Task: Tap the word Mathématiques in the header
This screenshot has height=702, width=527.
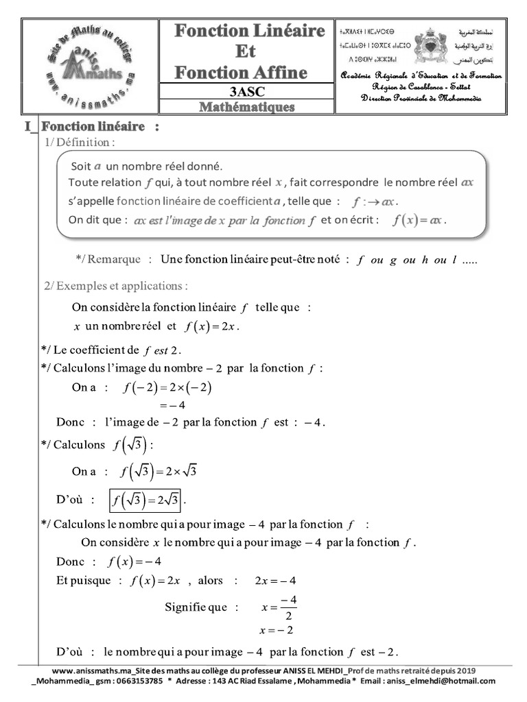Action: pyautogui.click(x=247, y=107)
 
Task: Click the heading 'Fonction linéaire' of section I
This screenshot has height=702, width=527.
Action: pyautogui.click(x=93, y=127)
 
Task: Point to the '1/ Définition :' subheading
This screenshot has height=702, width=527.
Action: pyautogui.click(x=79, y=143)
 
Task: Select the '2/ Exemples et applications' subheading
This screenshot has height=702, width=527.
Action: pyautogui.click(x=115, y=285)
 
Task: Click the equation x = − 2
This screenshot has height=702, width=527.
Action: pyautogui.click(x=276, y=630)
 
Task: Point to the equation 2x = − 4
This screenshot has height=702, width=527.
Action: pyautogui.click(x=275, y=581)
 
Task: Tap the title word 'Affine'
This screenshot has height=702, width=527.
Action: pyautogui.click(x=274, y=72)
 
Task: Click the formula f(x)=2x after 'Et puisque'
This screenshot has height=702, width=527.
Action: pyautogui.click(x=154, y=581)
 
